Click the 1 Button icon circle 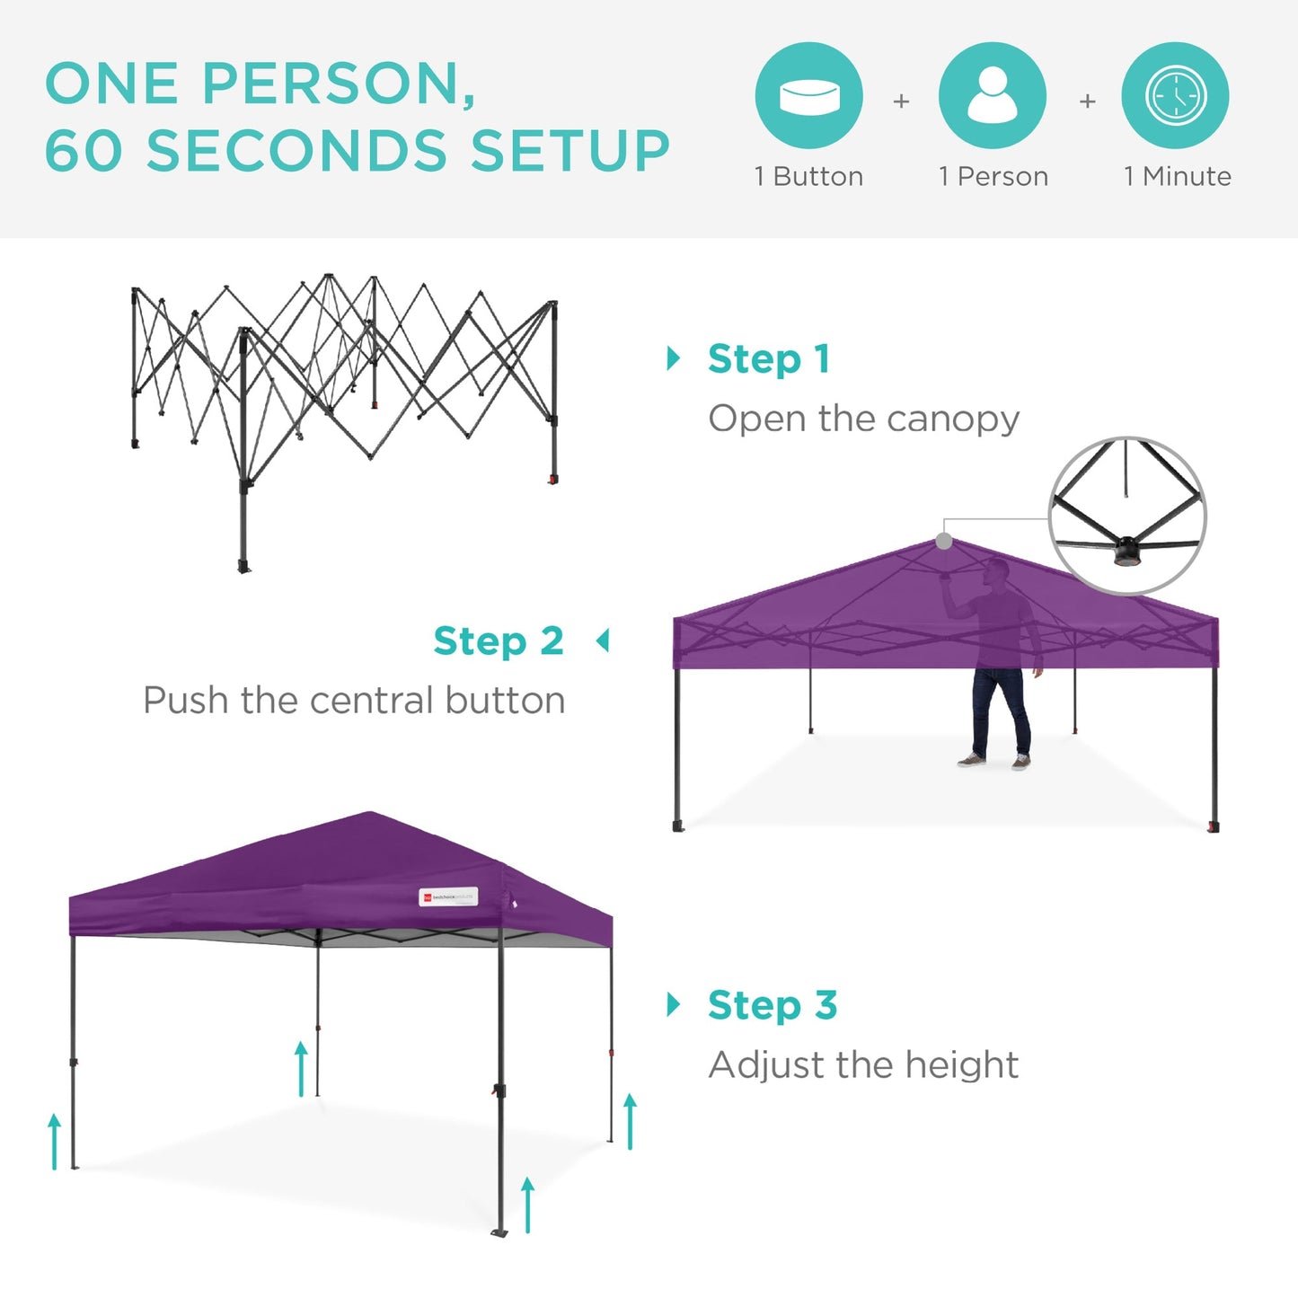point(808,95)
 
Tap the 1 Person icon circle point(992,95)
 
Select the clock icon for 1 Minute point(1175,95)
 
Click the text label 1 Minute point(1177,176)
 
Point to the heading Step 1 point(768,359)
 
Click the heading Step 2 point(499,641)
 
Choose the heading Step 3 point(772,1005)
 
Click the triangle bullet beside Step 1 point(674,358)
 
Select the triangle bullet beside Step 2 point(603,640)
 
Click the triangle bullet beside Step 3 point(674,1004)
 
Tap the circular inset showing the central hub point(1127,516)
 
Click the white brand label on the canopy point(448,896)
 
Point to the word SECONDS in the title point(296,150)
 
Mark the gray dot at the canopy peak point(944,541)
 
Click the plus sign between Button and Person point(901,102)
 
